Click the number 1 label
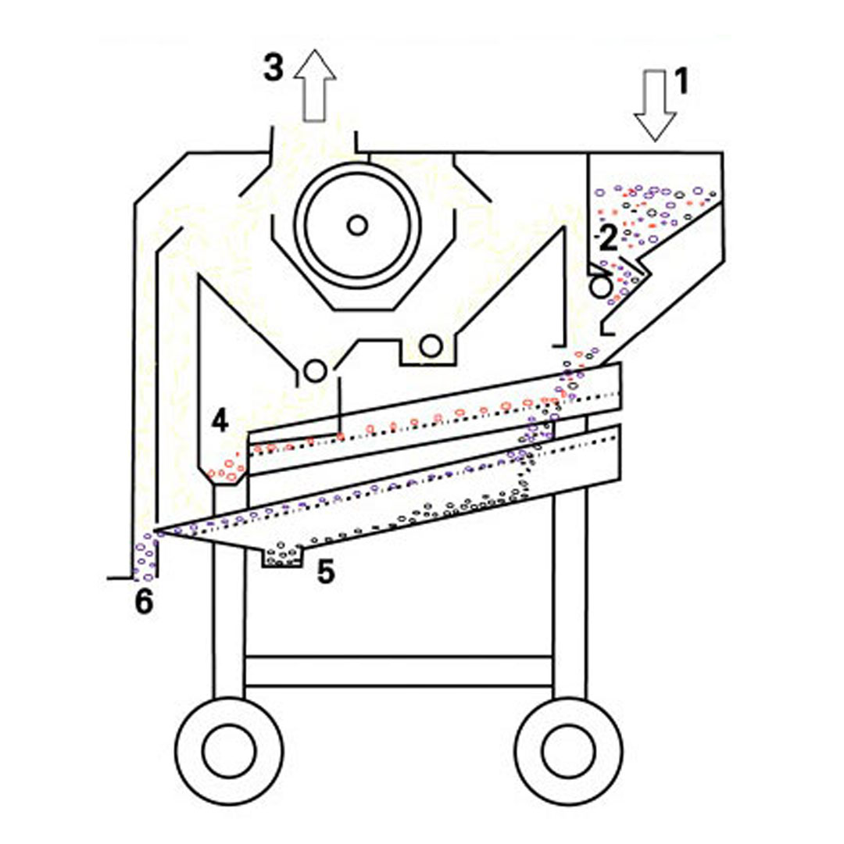tap(681, 82)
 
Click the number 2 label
tap(608, 238)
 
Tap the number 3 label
tap(273, 68)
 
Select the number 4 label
tap(220, 420)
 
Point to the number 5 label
tap(326, 571)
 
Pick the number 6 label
tap(144, 601)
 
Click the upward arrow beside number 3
tap(315, 86)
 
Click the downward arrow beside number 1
tap(655, 105)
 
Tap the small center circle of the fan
tap(357, 225)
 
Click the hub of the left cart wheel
tap(229, 751)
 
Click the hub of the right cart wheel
tap(568, 751)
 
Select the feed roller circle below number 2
tap(601, 286)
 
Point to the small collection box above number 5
tap(283, 556)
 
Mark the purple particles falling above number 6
tap(145, 557)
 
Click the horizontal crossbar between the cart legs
tap(399, 671)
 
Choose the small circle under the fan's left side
tap(315, 371)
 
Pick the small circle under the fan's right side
tap(431, 347)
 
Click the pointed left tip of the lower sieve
tap(154, 532)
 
